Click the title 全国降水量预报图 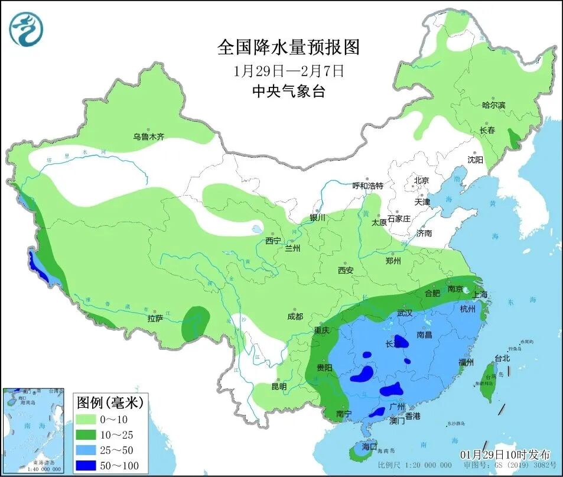click(x=288, y=47)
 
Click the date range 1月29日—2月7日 click(x=288, y=70)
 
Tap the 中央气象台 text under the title click(x=288, y=91)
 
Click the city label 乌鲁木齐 click(x=148, y=137)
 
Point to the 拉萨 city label click(x=155, y=319)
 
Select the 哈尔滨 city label click(x=493, y=105)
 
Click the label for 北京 click(x=421, y=180)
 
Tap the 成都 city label click(x=294, y=317)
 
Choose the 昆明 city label click(x=279, y=387)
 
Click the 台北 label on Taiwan click(x=502, y=358)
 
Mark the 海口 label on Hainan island click(x=369, y=447)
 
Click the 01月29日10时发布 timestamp click(x=505, y=454)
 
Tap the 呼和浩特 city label click(x=368, y=186)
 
